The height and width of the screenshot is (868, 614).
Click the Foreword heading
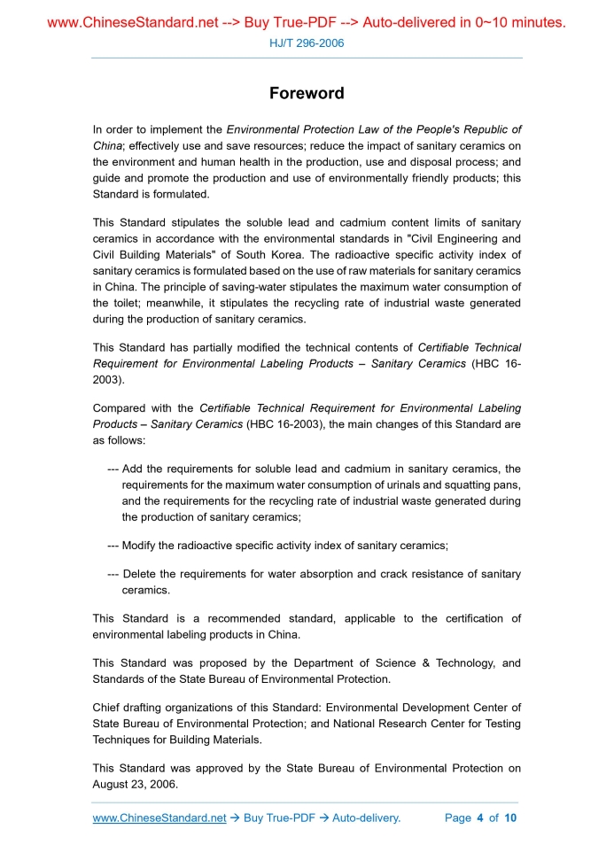pos(307,94)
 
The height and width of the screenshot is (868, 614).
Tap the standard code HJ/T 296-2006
pos(307,43)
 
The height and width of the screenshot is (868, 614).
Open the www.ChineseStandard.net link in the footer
pos(159,818)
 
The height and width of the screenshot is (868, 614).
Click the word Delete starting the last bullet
pos(144,574)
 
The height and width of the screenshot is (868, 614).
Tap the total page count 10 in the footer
pos(510,818)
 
